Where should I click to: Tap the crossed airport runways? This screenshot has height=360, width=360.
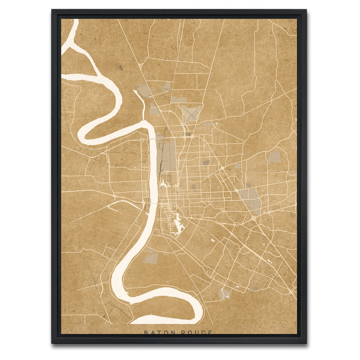[x=191, y=114]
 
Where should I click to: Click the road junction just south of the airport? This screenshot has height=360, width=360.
[x=191, y=136]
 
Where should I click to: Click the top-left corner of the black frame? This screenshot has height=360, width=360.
[x=52, y=10]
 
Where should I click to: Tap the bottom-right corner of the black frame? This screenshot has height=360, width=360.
[x=306, y=343]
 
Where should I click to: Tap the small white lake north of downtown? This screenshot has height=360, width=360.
[x=163, y=184]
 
